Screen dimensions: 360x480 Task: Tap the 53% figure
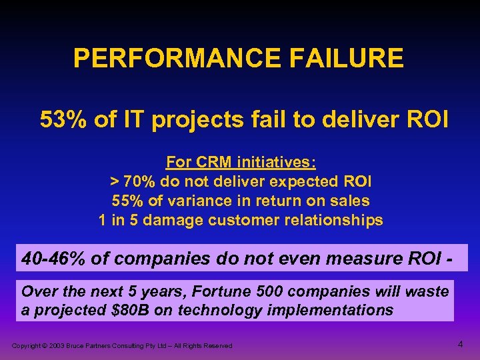click(x=62, y=120)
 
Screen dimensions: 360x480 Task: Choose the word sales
click(x=351, y=201)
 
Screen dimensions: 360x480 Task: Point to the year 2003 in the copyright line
click(x=56, y=345)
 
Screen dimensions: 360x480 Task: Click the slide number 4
click(x=460, y=344)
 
